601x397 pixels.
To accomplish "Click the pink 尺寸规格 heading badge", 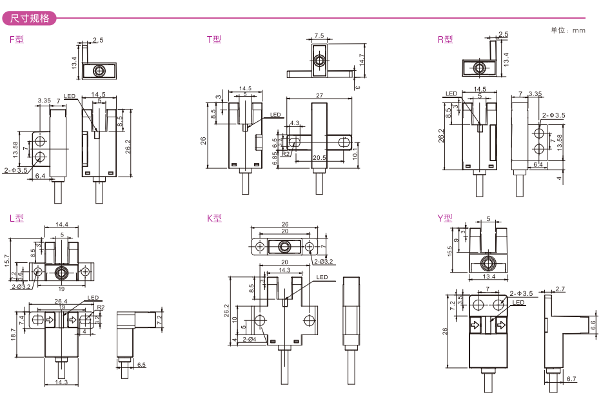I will pyautogui.click(x=30, y=17).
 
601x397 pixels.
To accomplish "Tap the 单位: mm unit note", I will pyautogui.click(x=567, y=30).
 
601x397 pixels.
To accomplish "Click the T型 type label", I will pyautogui.click(x=213, y=39).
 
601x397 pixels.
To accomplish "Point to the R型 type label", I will pyautogui.click(x=445, y=39).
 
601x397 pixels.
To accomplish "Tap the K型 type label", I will pyautogui.click(x=214, y=218).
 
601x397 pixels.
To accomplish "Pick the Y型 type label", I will pyautogui.click(x=445, y=218).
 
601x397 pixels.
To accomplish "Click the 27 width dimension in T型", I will pyautogui.click(x=319, y=95).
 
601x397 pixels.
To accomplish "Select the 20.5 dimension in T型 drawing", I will pyautogui.click(x=319, y=158).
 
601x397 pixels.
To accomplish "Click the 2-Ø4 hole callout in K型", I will pyautogui.click(x=250, y=340).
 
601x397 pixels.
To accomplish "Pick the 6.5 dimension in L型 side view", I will pyautogui.click(x=142, y=365).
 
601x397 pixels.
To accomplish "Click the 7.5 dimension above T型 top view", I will pyautogui.click(x=319, y=35).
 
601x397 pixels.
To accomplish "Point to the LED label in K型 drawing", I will pyautogui.click(x=322, y=278).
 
